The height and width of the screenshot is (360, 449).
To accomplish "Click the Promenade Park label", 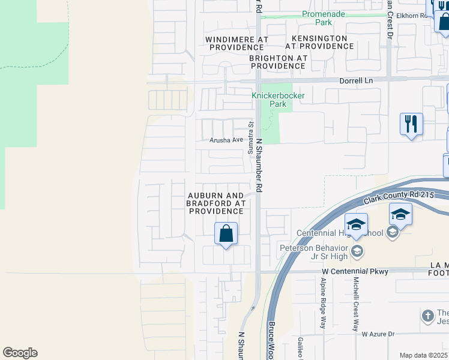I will (325, 18).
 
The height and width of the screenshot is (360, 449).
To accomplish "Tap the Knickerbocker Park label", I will (278, 100).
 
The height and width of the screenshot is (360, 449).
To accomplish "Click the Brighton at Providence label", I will (278, 62).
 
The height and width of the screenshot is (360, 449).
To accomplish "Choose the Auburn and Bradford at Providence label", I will (215, 203).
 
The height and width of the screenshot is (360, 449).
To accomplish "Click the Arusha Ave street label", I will (226, 140).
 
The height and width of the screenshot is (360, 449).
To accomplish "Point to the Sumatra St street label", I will (251, 137).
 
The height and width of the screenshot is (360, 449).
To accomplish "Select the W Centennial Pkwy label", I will (351, 272).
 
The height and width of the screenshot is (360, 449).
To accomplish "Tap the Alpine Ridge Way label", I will (322, 304).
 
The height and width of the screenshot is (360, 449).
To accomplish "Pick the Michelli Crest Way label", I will (355, 305).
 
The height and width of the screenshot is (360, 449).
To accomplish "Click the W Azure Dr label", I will (378, 334).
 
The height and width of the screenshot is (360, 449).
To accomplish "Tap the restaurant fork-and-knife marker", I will (411, 124).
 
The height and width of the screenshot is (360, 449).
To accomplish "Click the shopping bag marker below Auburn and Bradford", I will (226, 233).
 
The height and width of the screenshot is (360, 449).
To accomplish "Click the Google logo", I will (20, 353).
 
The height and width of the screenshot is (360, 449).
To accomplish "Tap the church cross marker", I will (427, 315).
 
